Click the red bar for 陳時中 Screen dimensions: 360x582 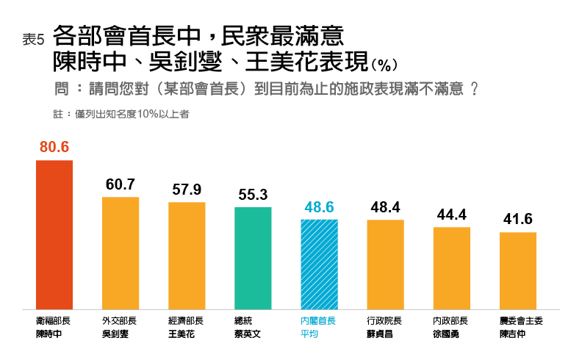tap(54, 234)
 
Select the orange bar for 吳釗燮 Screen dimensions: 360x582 tap(121, 253)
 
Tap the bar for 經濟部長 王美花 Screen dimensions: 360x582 tap(187, 255)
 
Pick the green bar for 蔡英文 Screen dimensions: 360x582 tap(253, 258)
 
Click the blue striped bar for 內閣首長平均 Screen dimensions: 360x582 tap(319, 264)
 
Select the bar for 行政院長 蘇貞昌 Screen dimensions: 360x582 tap(385, 264)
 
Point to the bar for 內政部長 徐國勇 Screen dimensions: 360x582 tap(451, 267)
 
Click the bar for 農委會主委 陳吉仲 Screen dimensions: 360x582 tap(517, 270)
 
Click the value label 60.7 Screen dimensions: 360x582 tap(121, 184)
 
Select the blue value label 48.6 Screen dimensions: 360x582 tap(319, 207)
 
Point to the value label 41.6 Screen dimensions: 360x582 tap(517, 220)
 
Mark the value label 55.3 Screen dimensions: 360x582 tap(253, 195)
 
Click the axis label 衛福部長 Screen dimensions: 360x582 tap(54, 321)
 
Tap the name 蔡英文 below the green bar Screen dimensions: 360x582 tap(248, 334)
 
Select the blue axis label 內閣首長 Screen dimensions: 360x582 tap(318, 321)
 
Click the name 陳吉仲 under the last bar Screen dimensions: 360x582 tap(512, 334)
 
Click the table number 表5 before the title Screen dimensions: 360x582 tap(34, 41)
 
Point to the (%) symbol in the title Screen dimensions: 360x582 tap(385, 65)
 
